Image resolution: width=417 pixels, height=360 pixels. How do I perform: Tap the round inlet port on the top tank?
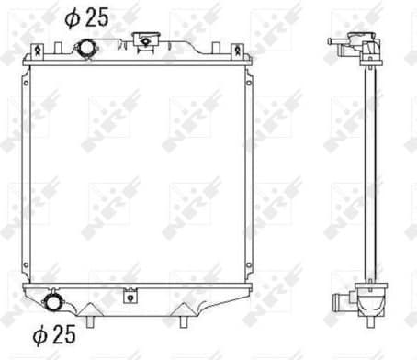coord(85,48)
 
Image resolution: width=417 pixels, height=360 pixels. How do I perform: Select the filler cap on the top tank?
coord(144,39)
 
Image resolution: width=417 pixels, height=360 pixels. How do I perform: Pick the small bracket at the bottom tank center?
coord(130,295)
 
